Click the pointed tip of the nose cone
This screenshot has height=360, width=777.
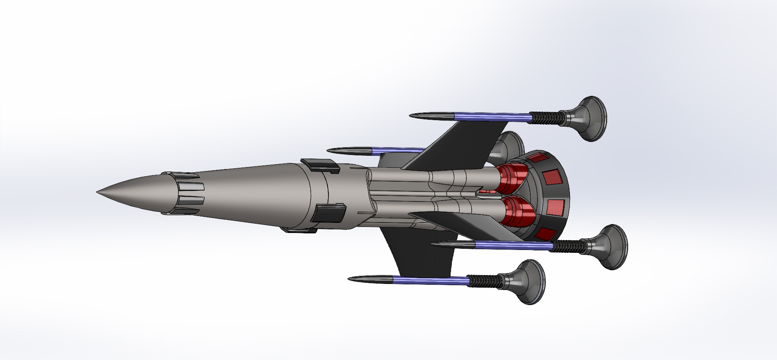(x=98, y=192)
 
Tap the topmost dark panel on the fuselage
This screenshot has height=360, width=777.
(x=320, y=164)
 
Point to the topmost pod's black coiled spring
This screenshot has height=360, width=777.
(x=546, y=118)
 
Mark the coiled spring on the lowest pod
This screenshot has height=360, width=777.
(x=483, y=280)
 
